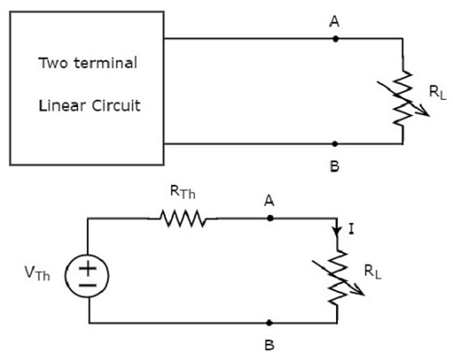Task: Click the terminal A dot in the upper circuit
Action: pyautogui.click(x=335, y=39)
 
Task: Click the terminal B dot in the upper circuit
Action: pyautogui.click(x=335, y=143)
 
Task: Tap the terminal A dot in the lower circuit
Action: pyautogui.click(x=270, y=219)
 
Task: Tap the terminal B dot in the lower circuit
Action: pyautogui.click(x=270, y=323)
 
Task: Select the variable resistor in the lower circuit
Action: pyautogui.click(x=337, y=272)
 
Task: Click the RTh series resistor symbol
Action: pyautogui.click(x=183, y=219)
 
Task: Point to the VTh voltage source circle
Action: pyautogui.click(x=89, y=271)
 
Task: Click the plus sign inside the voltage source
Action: pyautogui.click(x=89, y=262)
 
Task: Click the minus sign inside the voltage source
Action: pyautogui.click(x=89, y=281)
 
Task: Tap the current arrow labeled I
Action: pyautogui.click(x=337, y=232)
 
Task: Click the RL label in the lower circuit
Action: pyautogui.click(x=371, y=269)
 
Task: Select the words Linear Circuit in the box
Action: pyautogui.click(x=89, y=104)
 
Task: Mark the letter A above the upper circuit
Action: pyautogui.click(x=335, y=19)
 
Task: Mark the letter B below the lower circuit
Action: pyautogui.click(x=270, y=345)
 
